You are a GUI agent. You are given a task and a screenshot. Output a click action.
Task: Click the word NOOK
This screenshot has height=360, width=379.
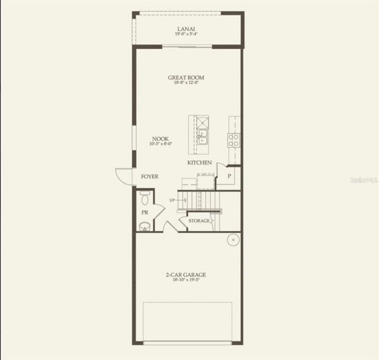pos(160,139)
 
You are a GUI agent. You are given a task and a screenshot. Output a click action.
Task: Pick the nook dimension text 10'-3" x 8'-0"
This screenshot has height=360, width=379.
pos(160,144)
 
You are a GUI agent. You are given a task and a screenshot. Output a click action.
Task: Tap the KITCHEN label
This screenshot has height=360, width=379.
pos(199,163)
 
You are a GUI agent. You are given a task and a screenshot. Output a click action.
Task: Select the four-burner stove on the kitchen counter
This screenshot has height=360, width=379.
pos(234,140)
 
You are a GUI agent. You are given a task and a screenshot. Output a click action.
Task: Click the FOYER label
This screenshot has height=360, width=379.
pos(149,176)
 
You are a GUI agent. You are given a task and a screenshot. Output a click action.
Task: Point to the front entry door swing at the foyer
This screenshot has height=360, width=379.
pos(124,176)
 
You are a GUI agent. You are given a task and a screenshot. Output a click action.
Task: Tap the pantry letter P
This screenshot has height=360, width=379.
pos(229,176)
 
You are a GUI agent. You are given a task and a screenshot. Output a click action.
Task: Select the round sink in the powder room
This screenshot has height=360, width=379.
pos(144,227)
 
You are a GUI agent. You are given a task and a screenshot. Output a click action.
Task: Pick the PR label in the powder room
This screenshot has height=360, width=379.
pos(144,212)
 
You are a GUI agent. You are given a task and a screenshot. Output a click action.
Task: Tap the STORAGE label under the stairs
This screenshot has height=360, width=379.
pos(199,220)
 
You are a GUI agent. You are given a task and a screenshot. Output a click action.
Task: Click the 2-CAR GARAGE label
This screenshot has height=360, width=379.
pos(186,274)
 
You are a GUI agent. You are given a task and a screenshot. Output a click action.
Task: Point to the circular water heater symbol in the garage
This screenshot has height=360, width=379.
pos(232,240)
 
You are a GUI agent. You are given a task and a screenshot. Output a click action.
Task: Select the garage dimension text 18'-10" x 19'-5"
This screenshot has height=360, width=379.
pos(186,280)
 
